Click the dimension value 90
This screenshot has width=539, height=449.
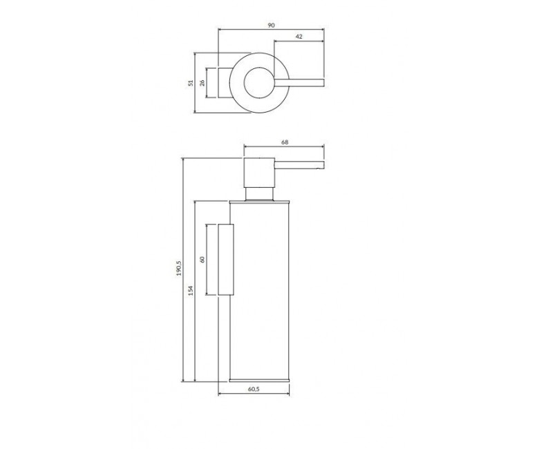tap(271, 26)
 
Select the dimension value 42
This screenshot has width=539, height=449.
tap(299, 37)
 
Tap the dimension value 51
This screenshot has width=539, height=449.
tap(191, 82)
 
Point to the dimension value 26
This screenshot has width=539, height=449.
tap(202, 82)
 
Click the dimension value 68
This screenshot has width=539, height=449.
tap(285, 142)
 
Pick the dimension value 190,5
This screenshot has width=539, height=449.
tap(179, 269)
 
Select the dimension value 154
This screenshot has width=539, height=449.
tap(191, 290)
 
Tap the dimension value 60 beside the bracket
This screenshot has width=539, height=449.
tap(202, 259)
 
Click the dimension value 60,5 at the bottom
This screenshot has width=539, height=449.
tap(254, 389)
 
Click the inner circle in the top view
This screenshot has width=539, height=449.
tap(245, 82)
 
